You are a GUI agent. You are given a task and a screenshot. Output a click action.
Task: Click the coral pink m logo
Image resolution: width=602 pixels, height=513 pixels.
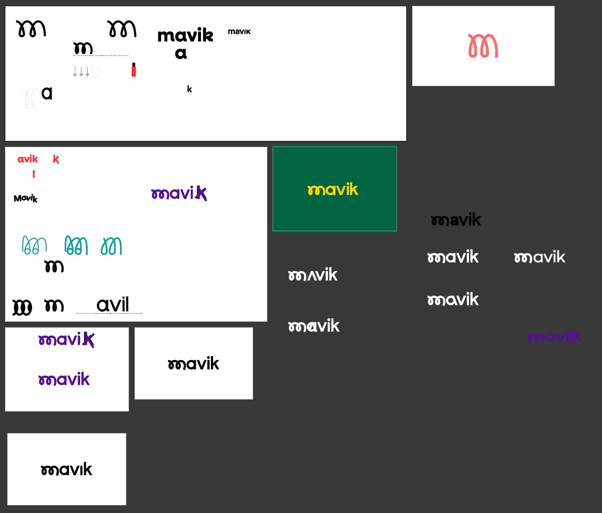(483, 46)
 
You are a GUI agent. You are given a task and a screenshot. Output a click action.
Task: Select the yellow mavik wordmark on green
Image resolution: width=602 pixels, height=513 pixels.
(333, 190)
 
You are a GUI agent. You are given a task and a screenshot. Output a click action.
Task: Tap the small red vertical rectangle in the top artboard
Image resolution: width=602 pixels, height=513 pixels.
(133, 70)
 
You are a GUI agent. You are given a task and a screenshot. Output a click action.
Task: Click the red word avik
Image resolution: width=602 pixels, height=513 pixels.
(28, 159)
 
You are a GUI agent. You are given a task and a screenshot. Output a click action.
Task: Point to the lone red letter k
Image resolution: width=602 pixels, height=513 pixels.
(56, 159)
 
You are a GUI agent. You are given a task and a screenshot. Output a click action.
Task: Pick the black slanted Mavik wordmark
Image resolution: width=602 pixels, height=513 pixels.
(26, 198)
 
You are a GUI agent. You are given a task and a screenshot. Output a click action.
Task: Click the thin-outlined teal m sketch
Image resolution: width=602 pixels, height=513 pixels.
(34, 245)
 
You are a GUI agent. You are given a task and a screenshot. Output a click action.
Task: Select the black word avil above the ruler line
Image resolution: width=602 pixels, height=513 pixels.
(113, 305)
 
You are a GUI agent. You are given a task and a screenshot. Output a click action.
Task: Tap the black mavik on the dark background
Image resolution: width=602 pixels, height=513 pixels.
(456, 220)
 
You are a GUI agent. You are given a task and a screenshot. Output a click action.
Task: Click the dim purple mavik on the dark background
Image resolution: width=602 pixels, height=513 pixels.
(554, 337)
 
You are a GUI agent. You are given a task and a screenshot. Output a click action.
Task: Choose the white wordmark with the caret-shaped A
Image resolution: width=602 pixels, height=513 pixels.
(313, 275)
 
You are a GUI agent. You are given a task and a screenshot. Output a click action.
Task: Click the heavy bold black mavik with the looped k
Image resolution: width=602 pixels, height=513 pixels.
(186, 36)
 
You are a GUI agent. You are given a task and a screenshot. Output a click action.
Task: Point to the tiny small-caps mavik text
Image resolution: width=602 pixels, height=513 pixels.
(239, 32)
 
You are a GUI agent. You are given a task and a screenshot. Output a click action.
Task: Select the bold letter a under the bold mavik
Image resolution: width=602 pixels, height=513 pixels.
(181, 54)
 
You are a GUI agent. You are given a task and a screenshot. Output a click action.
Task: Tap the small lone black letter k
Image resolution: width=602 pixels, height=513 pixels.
(190, 89)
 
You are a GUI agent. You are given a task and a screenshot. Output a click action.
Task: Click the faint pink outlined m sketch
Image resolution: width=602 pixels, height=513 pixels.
(32, 98)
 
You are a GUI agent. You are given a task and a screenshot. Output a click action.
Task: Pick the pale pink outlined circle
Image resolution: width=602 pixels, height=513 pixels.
(95, 72)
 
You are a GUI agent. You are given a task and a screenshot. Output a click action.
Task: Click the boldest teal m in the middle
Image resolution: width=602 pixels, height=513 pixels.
(76, 245)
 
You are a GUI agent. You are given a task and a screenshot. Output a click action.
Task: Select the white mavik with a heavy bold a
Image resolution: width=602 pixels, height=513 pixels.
(314, 326)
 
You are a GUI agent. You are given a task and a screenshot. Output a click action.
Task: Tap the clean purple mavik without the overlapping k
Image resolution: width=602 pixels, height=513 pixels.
(64, 380)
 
